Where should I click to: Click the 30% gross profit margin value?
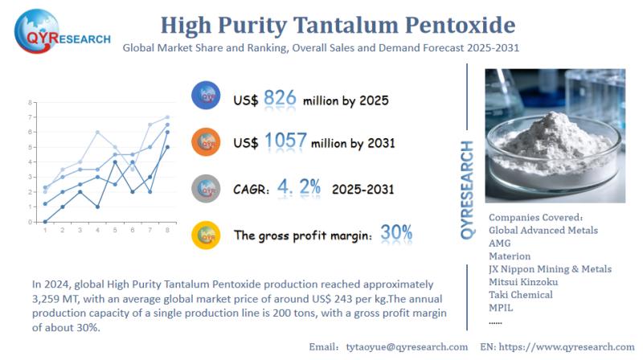(397, 233)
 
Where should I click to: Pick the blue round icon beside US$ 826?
(207, 97)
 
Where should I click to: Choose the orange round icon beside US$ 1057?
(207, 143)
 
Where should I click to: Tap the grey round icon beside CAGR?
(207, 189)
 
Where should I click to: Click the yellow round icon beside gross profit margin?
(207, 235)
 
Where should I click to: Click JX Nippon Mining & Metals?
(550, 269)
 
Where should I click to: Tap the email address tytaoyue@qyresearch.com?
(399, 346)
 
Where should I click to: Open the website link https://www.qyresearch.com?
(570, 346)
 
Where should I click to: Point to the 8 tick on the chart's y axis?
(30, 103)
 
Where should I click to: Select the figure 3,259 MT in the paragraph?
(55, 298)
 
